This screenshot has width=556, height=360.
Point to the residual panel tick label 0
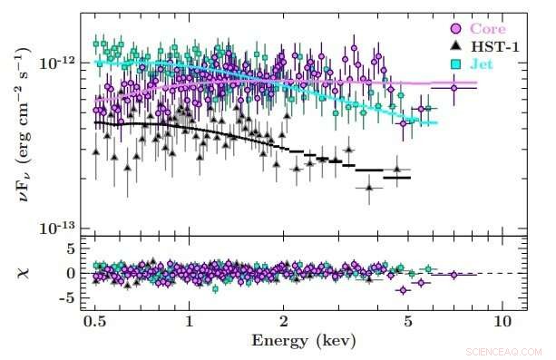click(68, 273)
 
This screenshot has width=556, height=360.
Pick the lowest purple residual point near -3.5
click(403, 290)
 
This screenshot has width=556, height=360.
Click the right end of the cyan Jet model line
click(436, 123)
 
